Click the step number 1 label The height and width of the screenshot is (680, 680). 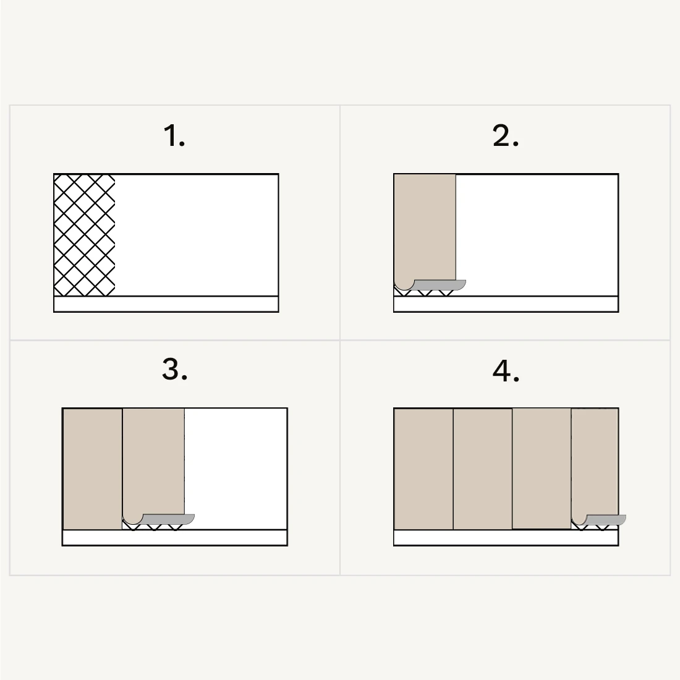174,136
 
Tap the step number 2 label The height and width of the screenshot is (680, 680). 506,136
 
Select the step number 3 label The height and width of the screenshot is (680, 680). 175,370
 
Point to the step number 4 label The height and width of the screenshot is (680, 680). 506,371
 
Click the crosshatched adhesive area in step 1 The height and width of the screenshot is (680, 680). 85,235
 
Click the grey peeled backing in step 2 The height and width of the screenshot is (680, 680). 438,285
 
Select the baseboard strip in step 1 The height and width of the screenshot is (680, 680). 166,304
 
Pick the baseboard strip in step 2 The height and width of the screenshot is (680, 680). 506,304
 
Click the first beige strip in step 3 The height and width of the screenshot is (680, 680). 93,469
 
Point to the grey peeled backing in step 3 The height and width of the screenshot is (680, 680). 167,519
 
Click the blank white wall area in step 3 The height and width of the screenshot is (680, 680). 236,469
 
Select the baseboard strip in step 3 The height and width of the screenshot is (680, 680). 175,538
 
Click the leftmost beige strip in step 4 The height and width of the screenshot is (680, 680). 423,469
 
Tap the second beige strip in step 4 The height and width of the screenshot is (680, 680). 483,469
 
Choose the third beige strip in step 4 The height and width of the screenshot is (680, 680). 542,469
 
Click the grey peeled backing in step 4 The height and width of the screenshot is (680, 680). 605,519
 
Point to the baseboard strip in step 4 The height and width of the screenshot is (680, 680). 506,538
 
